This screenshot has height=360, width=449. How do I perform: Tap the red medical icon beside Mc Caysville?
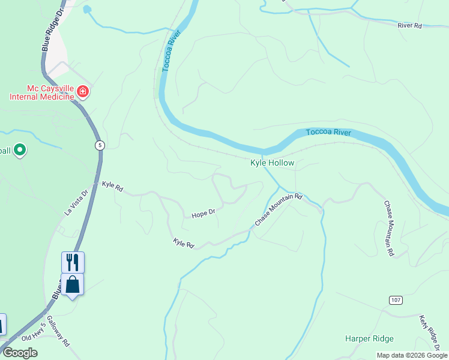(83, 92)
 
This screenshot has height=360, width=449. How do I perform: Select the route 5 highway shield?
(100, 145)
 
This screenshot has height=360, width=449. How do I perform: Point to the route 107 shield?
(395, 299)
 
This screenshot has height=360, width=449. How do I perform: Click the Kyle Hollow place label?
(273, 163)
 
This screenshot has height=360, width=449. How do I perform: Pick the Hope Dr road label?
(203, 214)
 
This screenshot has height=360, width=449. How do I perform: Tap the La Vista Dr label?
(76, 202)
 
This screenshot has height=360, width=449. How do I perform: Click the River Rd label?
(410, 25)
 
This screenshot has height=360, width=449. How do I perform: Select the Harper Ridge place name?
(369, 338)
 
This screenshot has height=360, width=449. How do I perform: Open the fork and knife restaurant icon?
(73, 262)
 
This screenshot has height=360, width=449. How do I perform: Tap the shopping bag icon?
(73, 284)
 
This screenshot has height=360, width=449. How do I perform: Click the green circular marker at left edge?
(20, 149)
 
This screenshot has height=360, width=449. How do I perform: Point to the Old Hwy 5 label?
(34, 334)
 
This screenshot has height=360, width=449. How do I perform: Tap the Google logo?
(20, 353)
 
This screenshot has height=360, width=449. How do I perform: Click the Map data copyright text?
(412, 355)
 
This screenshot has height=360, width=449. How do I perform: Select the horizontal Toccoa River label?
(328, 133)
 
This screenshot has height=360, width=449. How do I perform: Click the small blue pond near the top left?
(87, 10)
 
